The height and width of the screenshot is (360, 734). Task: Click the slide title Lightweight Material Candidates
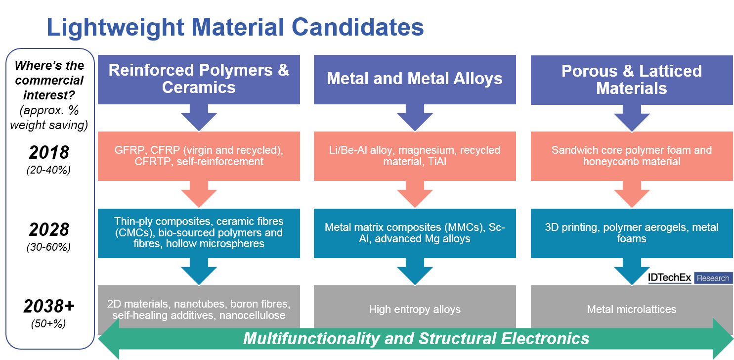click(x=235, y=28)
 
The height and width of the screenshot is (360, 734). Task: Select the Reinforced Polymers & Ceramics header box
click(x=199, y=79)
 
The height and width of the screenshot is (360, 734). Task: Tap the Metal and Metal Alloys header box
click(x=415, y=79)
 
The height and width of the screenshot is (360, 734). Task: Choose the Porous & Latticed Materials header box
click(x=631, y=79)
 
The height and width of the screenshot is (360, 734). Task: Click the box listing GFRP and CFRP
click(x=199, y=156)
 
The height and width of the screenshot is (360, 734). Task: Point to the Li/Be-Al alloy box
click(x=415, y=156)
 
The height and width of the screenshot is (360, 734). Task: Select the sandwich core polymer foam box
click(x=631, y=156)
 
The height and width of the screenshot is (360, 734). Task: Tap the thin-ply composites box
click(x=199, y=232)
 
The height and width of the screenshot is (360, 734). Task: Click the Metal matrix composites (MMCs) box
click(x=415, y=232)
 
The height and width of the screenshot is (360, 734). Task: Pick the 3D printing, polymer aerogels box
click(x=631, y=232)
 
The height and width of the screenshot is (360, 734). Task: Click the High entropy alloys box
click(x=415, y=310)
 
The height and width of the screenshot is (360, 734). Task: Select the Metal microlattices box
click(x=631, y=310)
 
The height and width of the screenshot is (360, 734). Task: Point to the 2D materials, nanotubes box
click(x=199, y=309)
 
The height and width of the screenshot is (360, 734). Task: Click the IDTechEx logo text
click(x=670, y=278)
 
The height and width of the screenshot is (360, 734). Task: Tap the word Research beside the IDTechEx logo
click(x=713, y=278)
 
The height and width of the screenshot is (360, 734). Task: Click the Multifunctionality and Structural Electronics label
click(x=416, y=339)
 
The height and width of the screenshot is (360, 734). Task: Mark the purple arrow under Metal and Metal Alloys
click(x=415, y=119)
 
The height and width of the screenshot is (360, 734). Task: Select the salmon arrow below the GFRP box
click(x=199, y=195)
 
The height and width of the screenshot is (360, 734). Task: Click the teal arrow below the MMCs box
click(x=415, y=272)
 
